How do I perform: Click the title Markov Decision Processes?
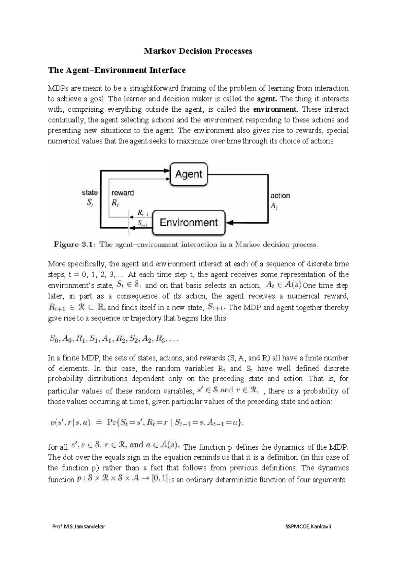[198, 51]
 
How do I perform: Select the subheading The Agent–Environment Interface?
[117, 70]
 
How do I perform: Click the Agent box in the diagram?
[189, 174]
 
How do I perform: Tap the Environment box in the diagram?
[189, 222]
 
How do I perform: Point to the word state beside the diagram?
[90, 192]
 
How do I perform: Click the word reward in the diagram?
[123, 193]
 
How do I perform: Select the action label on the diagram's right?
[280, 196]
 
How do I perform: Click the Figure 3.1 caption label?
[75, 245]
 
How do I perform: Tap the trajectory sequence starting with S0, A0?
[114, 339]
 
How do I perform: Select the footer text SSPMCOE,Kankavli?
[308, 527]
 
